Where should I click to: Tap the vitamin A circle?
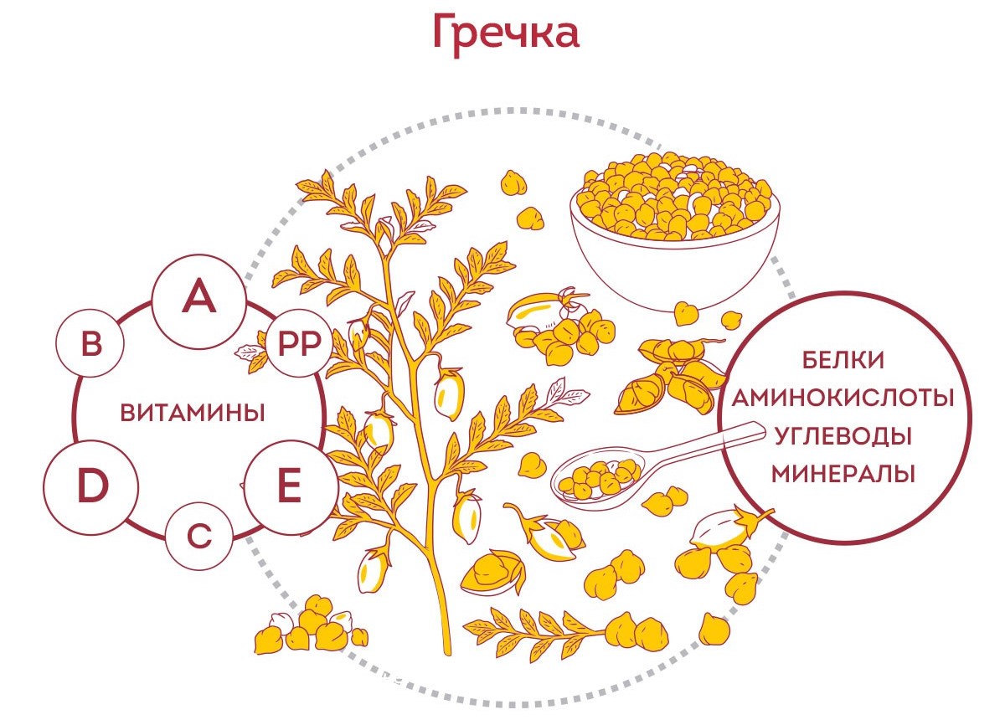pos(198,300)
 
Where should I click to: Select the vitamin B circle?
pos(90,345)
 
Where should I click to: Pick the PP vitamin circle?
pos(300,345)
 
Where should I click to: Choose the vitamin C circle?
pos(198,536)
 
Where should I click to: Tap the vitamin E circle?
pos(289,487)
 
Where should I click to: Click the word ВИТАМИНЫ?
pos(193,413)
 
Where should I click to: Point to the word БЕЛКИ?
pos(843,360)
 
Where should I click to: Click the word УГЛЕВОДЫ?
pos(843,435)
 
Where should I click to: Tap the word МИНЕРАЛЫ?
pos(843,474)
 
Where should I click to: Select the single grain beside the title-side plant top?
pos(513,182)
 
